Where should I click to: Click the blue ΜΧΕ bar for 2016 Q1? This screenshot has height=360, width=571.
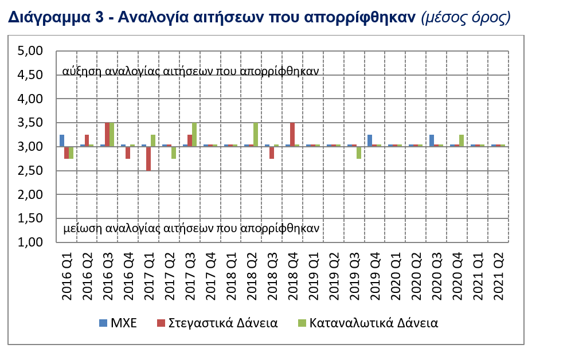tap(62, 140)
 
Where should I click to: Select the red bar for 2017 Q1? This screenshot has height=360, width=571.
tap(148, 159)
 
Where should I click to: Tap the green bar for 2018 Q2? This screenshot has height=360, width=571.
tap(256, 135)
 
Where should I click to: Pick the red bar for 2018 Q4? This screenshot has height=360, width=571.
tap(292, 135)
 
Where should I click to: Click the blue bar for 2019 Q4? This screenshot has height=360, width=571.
tap(370, 140)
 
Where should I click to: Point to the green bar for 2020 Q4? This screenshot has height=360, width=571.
tap(462, 140)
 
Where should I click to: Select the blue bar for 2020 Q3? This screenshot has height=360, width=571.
tap(432, 140)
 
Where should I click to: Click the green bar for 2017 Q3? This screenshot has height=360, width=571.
tap(194, 135)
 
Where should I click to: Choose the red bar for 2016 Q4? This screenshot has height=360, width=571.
tap(128, 152)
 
